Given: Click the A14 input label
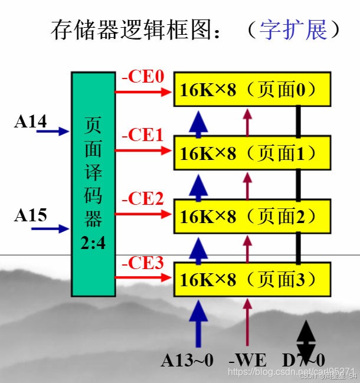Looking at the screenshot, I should (30, 121).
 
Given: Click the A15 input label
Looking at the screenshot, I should (30, 215).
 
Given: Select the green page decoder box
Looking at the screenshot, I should (93, 184).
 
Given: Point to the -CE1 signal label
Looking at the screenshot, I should (142, 136).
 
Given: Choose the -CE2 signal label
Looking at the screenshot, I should (142, 199).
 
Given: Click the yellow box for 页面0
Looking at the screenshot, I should (251, 90).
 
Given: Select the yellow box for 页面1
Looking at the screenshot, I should (251, 153).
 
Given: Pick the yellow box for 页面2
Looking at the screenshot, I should (251, 217).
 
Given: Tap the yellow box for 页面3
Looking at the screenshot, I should (251, 280).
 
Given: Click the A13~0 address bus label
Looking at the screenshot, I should (188, 360).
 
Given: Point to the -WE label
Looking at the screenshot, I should (247, 360).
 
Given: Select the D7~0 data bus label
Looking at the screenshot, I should (303, 360).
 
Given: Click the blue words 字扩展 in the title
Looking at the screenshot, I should (293, 30).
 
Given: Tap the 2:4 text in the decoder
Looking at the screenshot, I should (93, 242).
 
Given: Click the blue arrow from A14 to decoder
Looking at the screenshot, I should (53, 132).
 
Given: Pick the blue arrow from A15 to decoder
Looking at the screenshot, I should (53, 228).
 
